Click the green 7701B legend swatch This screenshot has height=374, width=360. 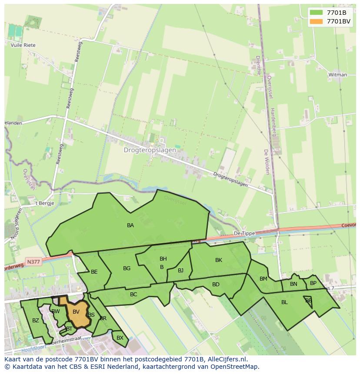[317, 12]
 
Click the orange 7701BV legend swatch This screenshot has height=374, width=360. [317, 21]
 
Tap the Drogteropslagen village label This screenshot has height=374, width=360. [150, 150]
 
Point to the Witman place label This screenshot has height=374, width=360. [338, 75]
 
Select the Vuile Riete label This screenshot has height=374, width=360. [23, 45]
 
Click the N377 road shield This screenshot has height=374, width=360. [33, 262]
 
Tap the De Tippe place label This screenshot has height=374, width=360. [244, 233]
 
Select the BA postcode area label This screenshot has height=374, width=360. [130, 225]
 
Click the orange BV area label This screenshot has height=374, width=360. [76, 312]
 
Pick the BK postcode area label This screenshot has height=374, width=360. [219, 260]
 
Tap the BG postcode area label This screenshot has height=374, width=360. [127, 268]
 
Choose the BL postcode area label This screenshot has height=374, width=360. [284, 302]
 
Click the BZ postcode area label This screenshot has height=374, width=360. [36, 321]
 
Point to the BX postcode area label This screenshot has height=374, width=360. [120, 338]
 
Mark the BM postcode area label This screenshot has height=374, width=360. [263, 279]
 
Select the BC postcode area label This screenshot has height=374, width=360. [133, 295]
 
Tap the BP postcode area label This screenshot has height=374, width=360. [313, 283]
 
